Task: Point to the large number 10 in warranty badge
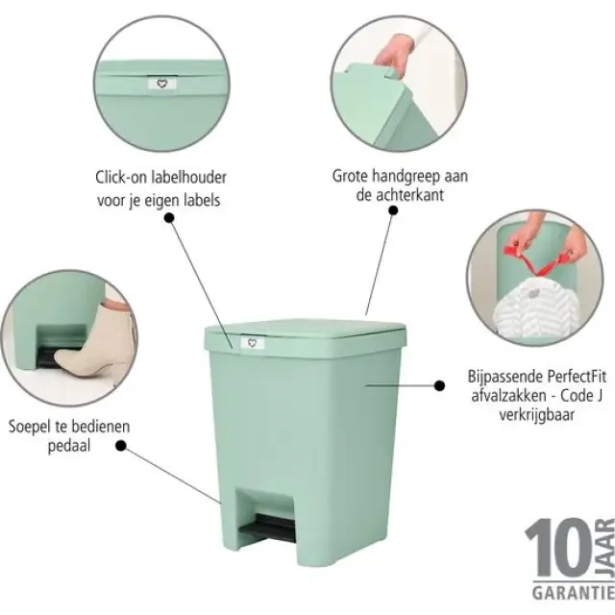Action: pyautogui.click(x=553, y=551)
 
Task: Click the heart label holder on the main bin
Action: pyautogui.click(x=253, y=342)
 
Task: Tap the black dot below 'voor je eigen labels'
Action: pyautogui.click(x=170, y=218)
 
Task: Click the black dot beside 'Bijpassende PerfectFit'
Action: pyautogui.click(x=439, y=385)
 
